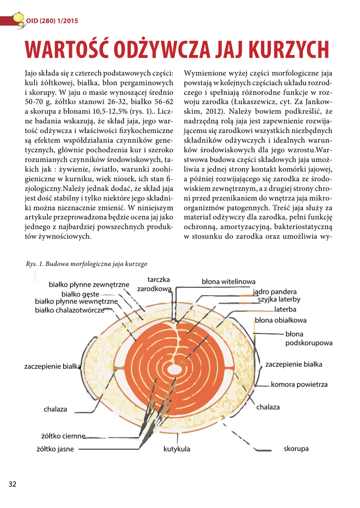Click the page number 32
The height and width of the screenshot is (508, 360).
(x=12, y=484)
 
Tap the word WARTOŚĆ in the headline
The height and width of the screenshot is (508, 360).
(x=69, y=50)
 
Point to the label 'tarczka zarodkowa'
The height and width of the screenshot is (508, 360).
(x=154, y=284)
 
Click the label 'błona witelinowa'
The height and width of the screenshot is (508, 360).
(x=228, y=282)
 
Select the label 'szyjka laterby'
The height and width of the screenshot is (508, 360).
(x=279, y=300)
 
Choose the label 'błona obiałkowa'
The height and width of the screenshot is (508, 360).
(x=281, y=320)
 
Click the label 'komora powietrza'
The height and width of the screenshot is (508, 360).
(x=299, y=384)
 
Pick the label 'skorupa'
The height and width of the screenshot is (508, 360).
(x=296, y=448)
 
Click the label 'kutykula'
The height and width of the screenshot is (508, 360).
(x=177, y=449)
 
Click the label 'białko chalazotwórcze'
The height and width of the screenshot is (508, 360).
(x=70, y=310)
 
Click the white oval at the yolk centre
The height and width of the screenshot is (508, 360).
(x=174, y=370)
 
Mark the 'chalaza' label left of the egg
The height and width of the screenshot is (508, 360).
(x=55, y=409)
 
